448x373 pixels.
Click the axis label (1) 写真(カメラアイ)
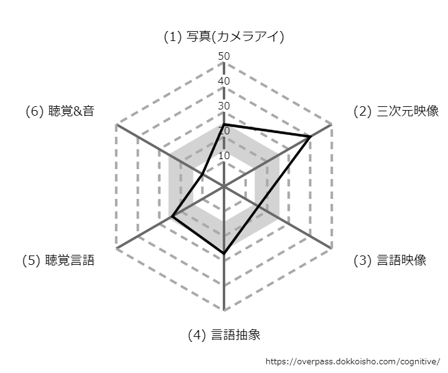[224, 37]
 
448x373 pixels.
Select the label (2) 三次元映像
[396, 111]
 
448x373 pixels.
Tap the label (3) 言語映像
[390, 260]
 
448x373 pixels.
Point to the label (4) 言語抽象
[224, 334]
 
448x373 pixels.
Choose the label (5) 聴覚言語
[58, 260]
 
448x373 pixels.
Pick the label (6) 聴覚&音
[60, 111]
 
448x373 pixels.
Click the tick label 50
[224, 56]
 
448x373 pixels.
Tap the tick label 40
[224, 81]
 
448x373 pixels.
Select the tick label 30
[224, 106]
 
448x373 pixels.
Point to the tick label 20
[224, 131]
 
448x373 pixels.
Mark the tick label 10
[224, 155]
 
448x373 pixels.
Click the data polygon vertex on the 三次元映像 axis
[309, 137]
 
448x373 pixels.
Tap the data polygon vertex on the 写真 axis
[224, 124]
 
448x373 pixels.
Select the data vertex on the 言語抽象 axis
[224, 253]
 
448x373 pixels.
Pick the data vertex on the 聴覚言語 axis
[172, 217]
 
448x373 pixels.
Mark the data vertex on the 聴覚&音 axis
[202, 174]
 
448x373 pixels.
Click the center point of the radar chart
[224, 186]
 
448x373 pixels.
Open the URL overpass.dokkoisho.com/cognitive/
[353, 362]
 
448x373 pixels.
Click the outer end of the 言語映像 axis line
[332, 249]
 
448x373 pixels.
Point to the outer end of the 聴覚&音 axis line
[116, 124]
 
